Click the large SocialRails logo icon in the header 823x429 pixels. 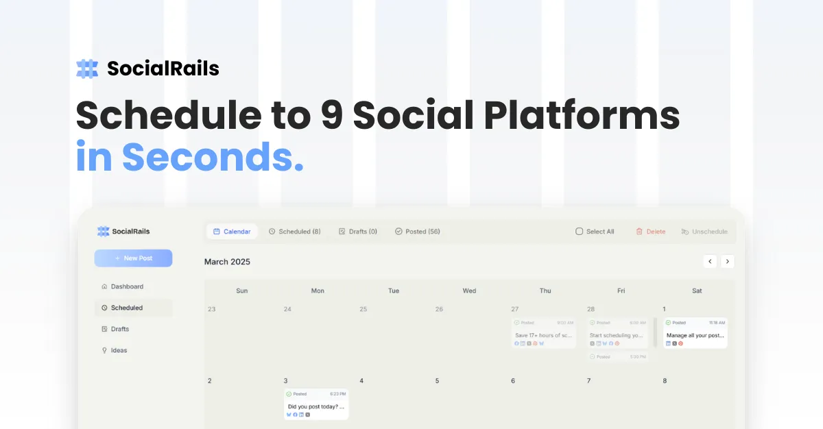pos(87,69)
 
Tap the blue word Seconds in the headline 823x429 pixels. pos(213,157)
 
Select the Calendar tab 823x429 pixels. pos(232,232)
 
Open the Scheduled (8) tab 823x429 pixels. pos(294,232)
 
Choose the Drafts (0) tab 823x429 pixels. pos(357,232)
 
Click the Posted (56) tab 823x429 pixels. pos(417,232)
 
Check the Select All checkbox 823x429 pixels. pos(579,232)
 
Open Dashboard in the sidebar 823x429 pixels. pos(127,286)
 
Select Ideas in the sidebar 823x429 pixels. pos(119,350)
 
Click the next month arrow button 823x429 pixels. pos(727,261)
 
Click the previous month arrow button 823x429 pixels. pos(710,261)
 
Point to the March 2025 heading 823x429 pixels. pos(227,262)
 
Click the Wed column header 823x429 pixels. pos(469,291)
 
